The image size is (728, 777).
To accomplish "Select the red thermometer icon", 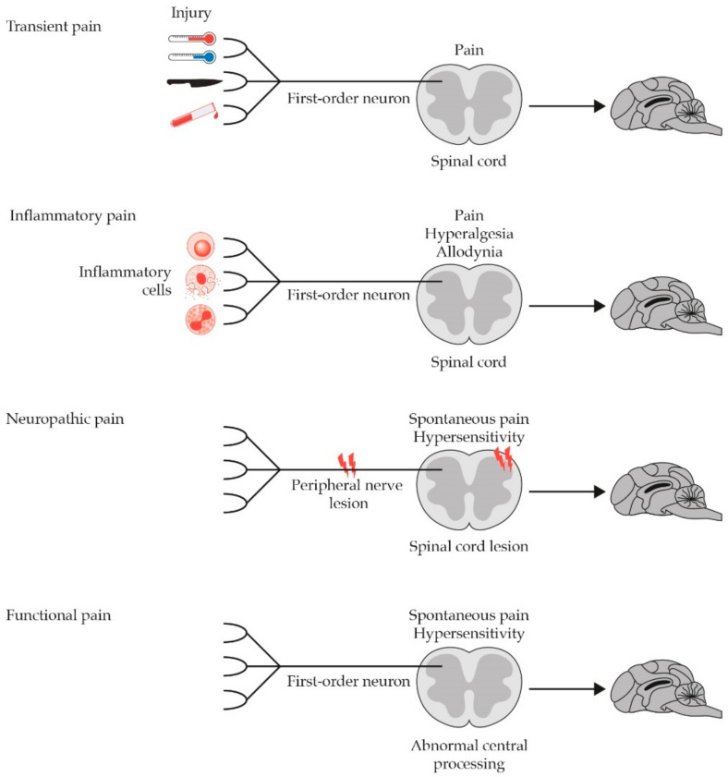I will point(190,40).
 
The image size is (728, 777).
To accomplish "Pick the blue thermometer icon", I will point(190,57).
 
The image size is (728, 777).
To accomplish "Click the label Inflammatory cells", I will point(138,281).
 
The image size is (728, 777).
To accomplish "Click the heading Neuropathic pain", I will point(65,419).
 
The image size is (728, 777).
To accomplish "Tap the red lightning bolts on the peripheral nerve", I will point(346,461).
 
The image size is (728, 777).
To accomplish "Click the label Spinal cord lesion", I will point(468,546).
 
